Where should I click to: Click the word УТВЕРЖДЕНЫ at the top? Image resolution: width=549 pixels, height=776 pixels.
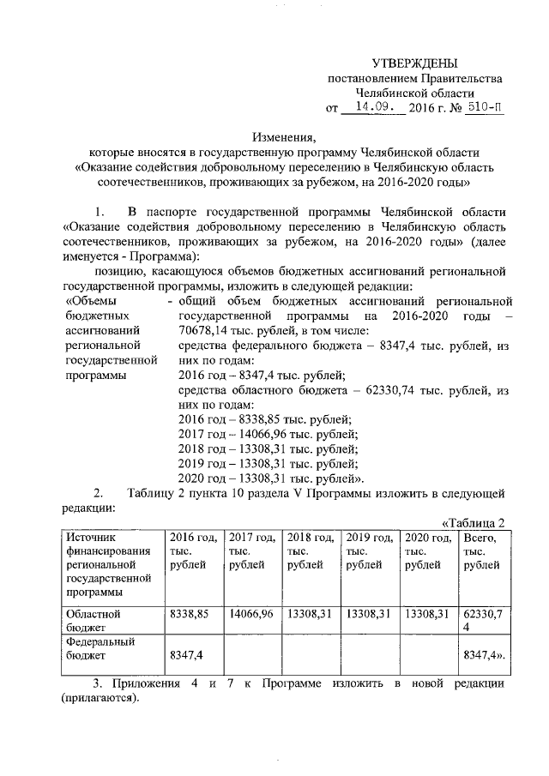click(414, 63)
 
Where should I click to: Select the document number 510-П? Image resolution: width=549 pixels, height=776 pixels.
click(480, 109)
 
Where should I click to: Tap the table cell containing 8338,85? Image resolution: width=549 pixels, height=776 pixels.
click(190, 614)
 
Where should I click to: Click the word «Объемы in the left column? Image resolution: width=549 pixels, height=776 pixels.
click(94, 301)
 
